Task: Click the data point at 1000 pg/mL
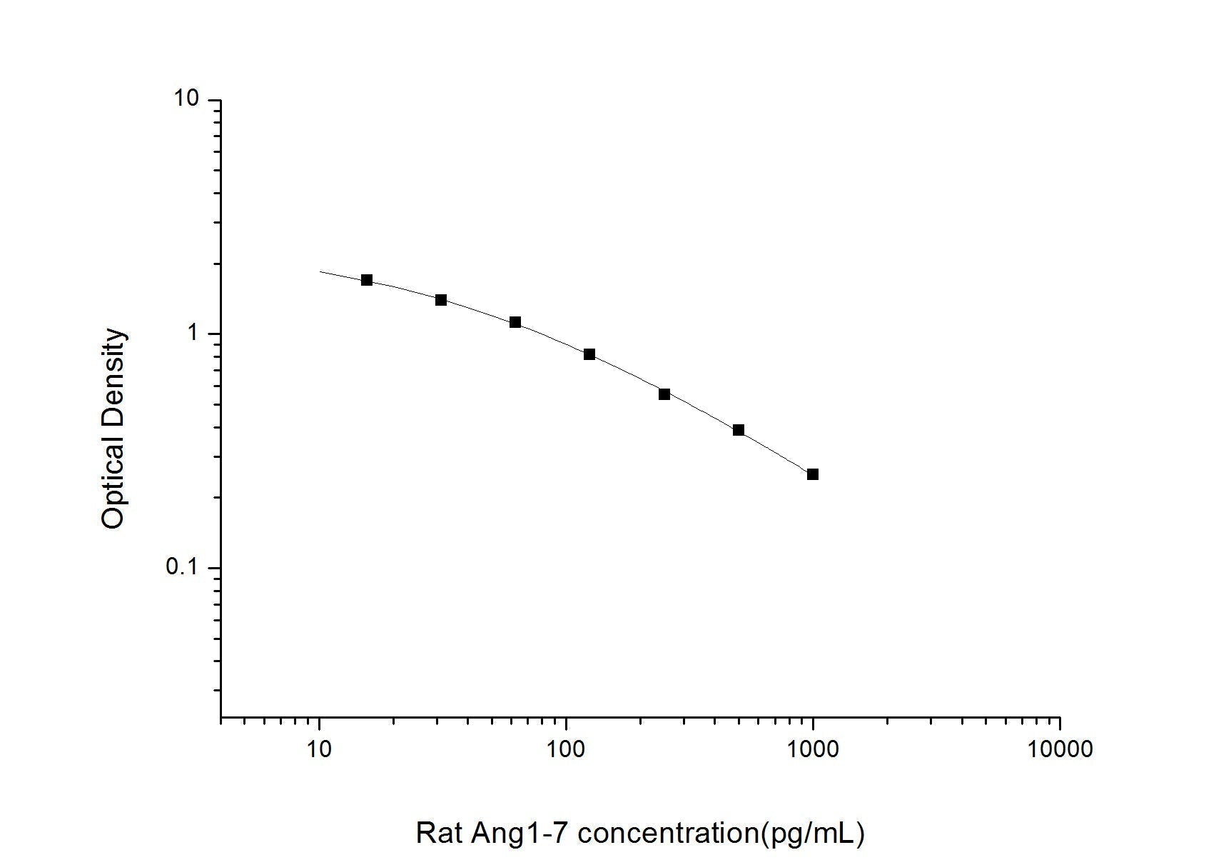[x=812, y=474]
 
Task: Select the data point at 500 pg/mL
[x=739, y=430]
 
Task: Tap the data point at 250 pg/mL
[x=664, y=394]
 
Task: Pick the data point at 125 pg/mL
[x=589, y=354]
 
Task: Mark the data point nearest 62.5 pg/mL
[x=515, y=323]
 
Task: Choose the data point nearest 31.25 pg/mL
[x=441, y=300]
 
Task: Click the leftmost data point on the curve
[x=367, y=280]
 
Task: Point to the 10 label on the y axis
[x=186, y=99]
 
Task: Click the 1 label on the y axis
[x=192, y=334]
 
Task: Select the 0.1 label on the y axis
[x=183, y=568]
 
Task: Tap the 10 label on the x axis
[x=319, y=749]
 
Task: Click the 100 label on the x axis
[x=566, y=749]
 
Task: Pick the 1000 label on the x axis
[x=813, y=749]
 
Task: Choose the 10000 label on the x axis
[x=1060, y=749]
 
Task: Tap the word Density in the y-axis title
[x=113, y=379]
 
